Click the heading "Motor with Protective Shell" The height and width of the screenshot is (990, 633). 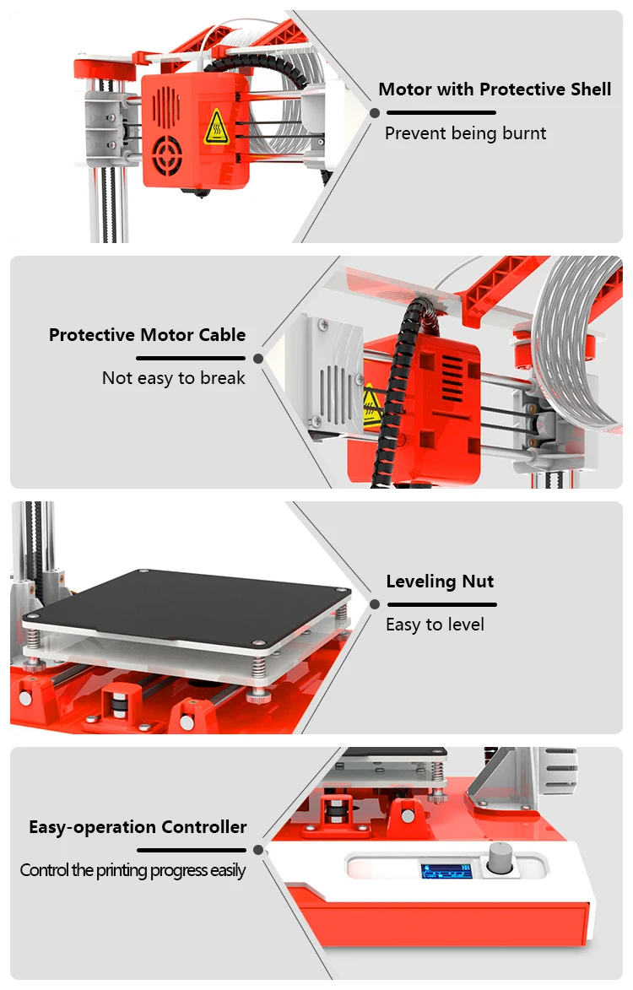pos(495,89)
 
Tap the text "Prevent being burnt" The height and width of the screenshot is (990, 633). pos(465,133)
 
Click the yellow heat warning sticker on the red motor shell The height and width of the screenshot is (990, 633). pos(216,127)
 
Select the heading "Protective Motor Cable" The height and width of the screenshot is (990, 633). pos(147,335)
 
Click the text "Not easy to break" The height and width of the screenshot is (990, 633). pos(173,378)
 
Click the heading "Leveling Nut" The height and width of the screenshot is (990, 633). pos(440,582)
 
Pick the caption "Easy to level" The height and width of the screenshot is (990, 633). pos(435,625)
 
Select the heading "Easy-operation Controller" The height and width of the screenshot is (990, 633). pos(138,827)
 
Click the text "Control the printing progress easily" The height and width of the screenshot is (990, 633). pos(133,870)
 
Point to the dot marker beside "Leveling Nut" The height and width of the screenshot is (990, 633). pos(375,604)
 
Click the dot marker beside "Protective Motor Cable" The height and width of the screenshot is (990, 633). pos(258,358)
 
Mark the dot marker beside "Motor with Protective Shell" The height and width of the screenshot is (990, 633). pos(375,112)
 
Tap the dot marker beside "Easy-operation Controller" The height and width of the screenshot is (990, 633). pos(258,850)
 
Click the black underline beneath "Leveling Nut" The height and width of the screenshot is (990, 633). pos(441,604)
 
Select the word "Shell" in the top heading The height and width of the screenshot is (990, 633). pos(587,89)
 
